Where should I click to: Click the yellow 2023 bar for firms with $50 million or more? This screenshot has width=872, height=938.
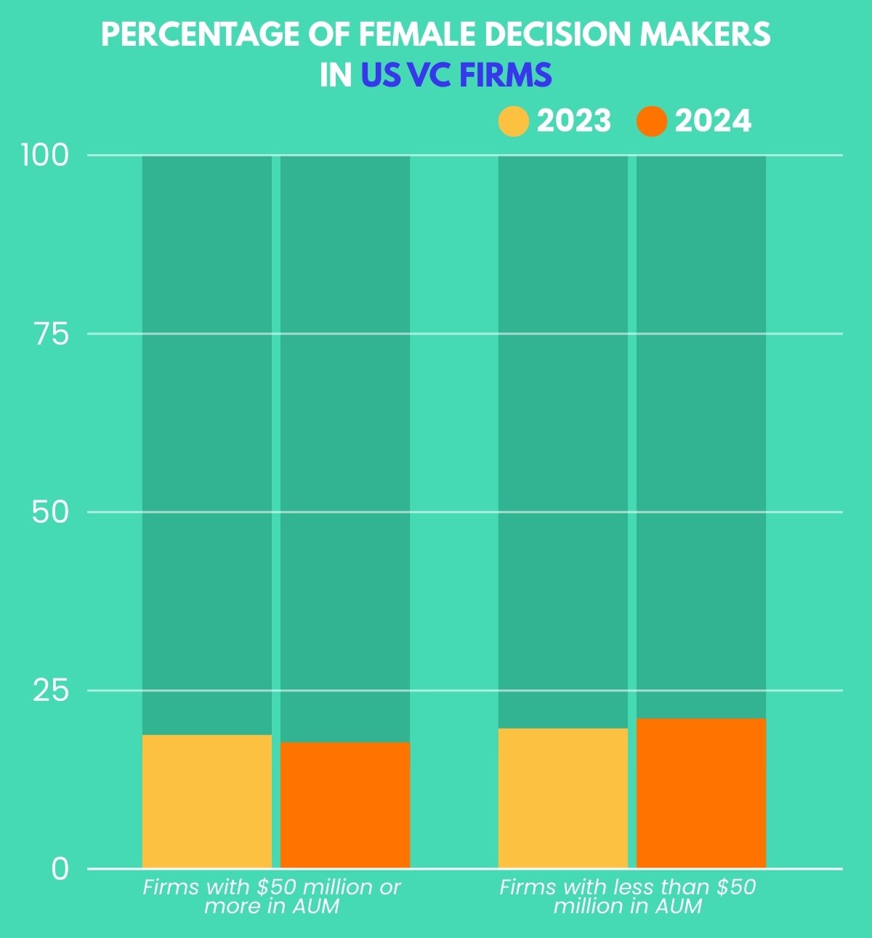pyautogui.click(x=206, y=801)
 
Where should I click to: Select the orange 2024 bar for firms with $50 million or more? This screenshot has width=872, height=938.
pyautogui.click(x=345, y=805)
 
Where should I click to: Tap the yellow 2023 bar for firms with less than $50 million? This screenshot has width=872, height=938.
pyautogui.click(x=562, y=798)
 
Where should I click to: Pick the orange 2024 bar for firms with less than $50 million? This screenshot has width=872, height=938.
pyautogui.click(x=701, y=793)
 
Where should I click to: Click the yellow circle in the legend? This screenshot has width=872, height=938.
pyautogui.click(x=513, y=121)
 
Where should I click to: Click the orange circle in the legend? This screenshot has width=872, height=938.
pyautogui.click(x=651, y=121)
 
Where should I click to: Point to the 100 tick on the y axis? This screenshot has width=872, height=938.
pyautogui.click(x=45, y=155)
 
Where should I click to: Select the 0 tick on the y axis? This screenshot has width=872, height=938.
pyautogui.click(x=60, y=869)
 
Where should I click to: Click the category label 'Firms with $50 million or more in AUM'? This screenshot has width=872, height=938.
pyautogui.click(x=272, y=897)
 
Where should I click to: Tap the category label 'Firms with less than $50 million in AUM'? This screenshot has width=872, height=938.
pyautogui.click(x=628, y=897)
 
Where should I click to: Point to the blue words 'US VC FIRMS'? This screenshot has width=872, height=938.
pyautogui.click(x=456, y=76)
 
